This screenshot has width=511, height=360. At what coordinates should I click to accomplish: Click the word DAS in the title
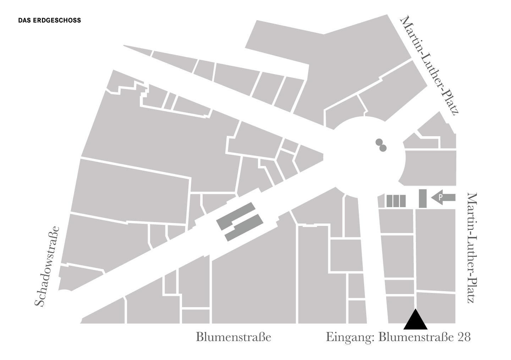[24, 21]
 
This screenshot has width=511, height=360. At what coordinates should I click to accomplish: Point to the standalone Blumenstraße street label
[233, 337]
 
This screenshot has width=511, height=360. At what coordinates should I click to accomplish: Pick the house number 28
[463, 337]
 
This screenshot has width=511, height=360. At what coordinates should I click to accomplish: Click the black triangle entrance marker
[415, 320]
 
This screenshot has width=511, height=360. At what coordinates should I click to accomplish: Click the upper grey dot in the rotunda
[379, 143]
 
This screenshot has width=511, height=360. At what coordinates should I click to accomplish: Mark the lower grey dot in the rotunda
[383, 148]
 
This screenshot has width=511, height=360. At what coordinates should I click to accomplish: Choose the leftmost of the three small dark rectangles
[389, 201]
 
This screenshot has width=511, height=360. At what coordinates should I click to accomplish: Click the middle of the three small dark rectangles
[396, 201]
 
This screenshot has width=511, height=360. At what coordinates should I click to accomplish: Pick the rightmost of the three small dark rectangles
[402, 201]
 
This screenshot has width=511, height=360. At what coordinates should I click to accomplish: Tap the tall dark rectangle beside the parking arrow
[422, 199]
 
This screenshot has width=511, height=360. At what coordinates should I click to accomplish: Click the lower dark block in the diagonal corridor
[244, 228]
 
